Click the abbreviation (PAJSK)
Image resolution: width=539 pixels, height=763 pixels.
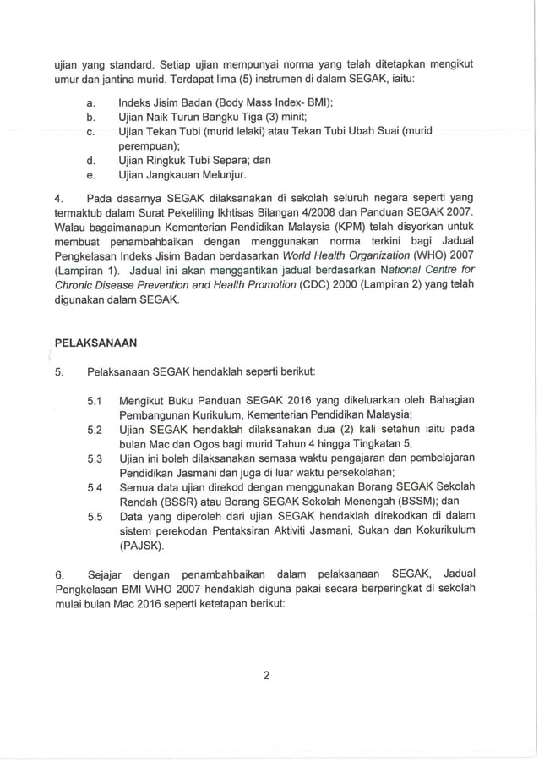tap(143, 546)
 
